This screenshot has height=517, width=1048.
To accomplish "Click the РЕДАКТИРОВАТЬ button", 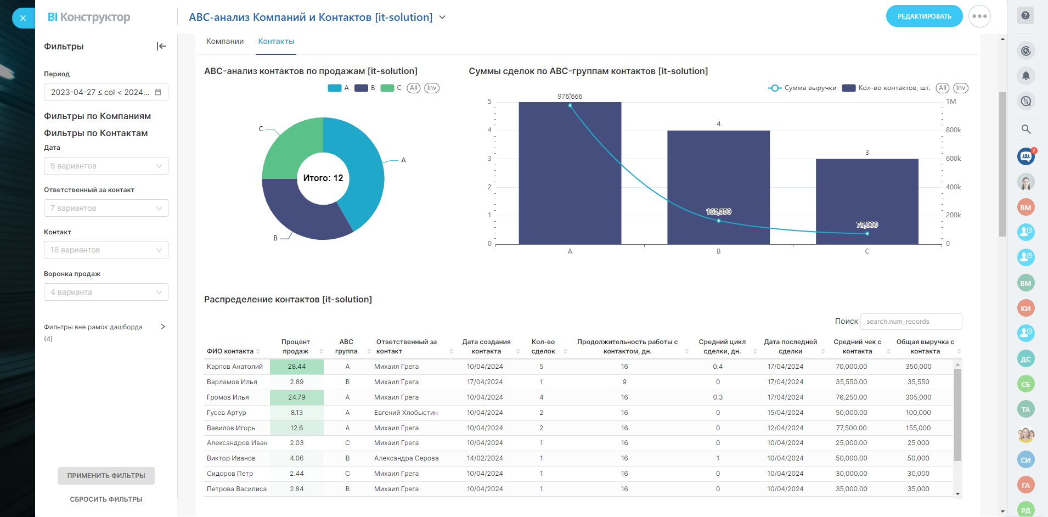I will point(924,16).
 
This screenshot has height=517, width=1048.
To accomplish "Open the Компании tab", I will point(225,42).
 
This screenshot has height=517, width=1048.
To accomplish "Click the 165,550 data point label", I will point(718,212).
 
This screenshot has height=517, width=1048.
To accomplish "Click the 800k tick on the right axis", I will point(953,130).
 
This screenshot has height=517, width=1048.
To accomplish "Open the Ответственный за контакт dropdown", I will point(106,208).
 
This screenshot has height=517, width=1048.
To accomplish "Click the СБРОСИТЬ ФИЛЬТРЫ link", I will point(106,499).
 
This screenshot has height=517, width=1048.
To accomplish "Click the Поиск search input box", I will point(911,322).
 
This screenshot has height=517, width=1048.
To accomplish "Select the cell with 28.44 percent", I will point(297,367).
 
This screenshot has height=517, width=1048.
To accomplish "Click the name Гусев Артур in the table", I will point(227,413).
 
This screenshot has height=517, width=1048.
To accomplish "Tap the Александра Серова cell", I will point(406,458).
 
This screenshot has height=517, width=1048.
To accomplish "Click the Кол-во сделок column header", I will point(543,346).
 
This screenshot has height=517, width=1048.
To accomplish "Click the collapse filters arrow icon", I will point(161,46).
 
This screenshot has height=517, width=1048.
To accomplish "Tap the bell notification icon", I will point(1026,76).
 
